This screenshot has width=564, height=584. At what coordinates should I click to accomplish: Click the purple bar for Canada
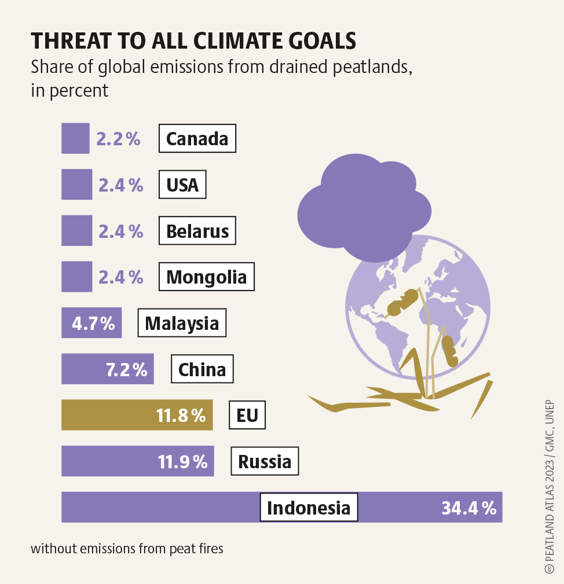click(x=75, y=138)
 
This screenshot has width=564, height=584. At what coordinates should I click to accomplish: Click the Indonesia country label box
click(x=309, y=508)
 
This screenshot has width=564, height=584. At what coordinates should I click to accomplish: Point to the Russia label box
click(x=265, y=461)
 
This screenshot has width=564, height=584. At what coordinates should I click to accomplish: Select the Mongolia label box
click(x=206, y=277)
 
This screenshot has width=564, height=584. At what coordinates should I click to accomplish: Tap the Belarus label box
click(x=197, y=231)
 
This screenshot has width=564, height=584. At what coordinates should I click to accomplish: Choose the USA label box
click(x=182, y=185)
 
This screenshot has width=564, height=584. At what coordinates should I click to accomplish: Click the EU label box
click(x=247, y=415)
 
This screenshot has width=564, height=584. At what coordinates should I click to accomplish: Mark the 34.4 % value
click(x=469, y=508)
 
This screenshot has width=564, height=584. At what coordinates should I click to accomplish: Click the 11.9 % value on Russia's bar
click(x=182, y=462)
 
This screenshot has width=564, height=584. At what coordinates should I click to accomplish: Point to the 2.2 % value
click(x=118, y=139)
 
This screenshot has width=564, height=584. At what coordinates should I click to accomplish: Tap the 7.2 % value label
click(x=126, y=369)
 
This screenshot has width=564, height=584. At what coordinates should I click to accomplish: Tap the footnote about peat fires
click(x=127, y=548)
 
